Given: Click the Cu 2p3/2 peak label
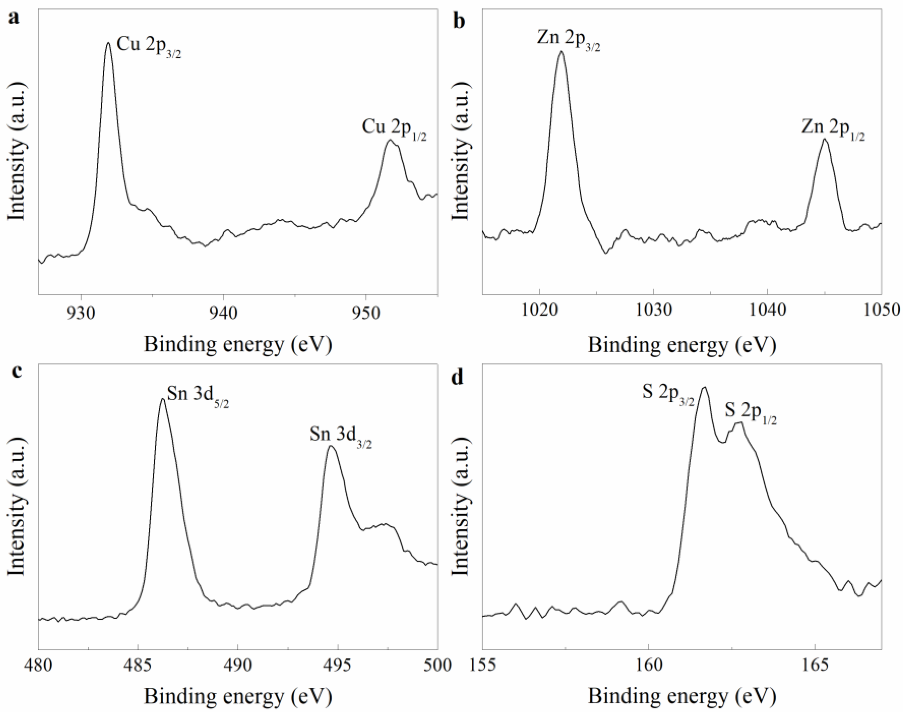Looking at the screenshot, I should pos(149,45).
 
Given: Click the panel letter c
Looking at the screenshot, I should pos(16,371).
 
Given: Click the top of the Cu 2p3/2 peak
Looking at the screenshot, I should pos(108,42).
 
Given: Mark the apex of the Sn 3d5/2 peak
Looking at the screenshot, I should pos(163,399).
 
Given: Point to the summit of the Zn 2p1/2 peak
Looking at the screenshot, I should pos(824,139).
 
